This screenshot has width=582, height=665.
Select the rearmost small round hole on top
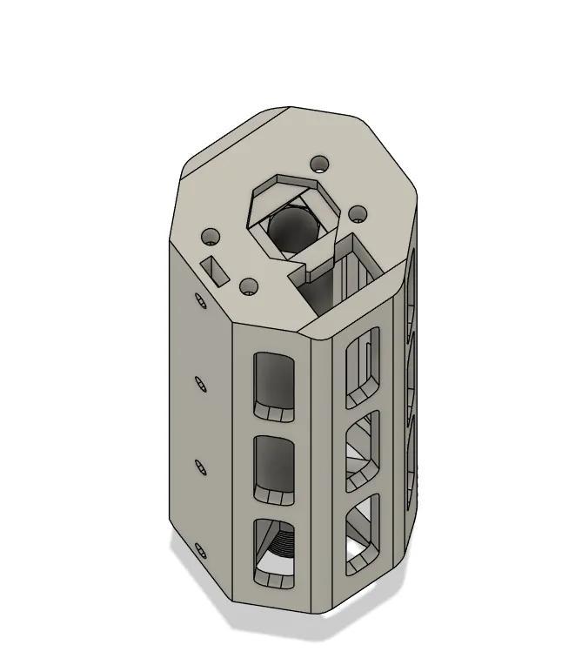321,163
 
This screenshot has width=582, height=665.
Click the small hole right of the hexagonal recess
357,213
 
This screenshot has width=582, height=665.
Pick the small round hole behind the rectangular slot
211,236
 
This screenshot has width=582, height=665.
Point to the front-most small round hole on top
250,287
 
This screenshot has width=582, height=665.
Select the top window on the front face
277,384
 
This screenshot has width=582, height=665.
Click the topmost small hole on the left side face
199,302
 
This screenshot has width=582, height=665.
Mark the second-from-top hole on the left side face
199,383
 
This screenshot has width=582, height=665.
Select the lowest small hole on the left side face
199,550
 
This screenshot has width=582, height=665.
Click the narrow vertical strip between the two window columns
321,461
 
